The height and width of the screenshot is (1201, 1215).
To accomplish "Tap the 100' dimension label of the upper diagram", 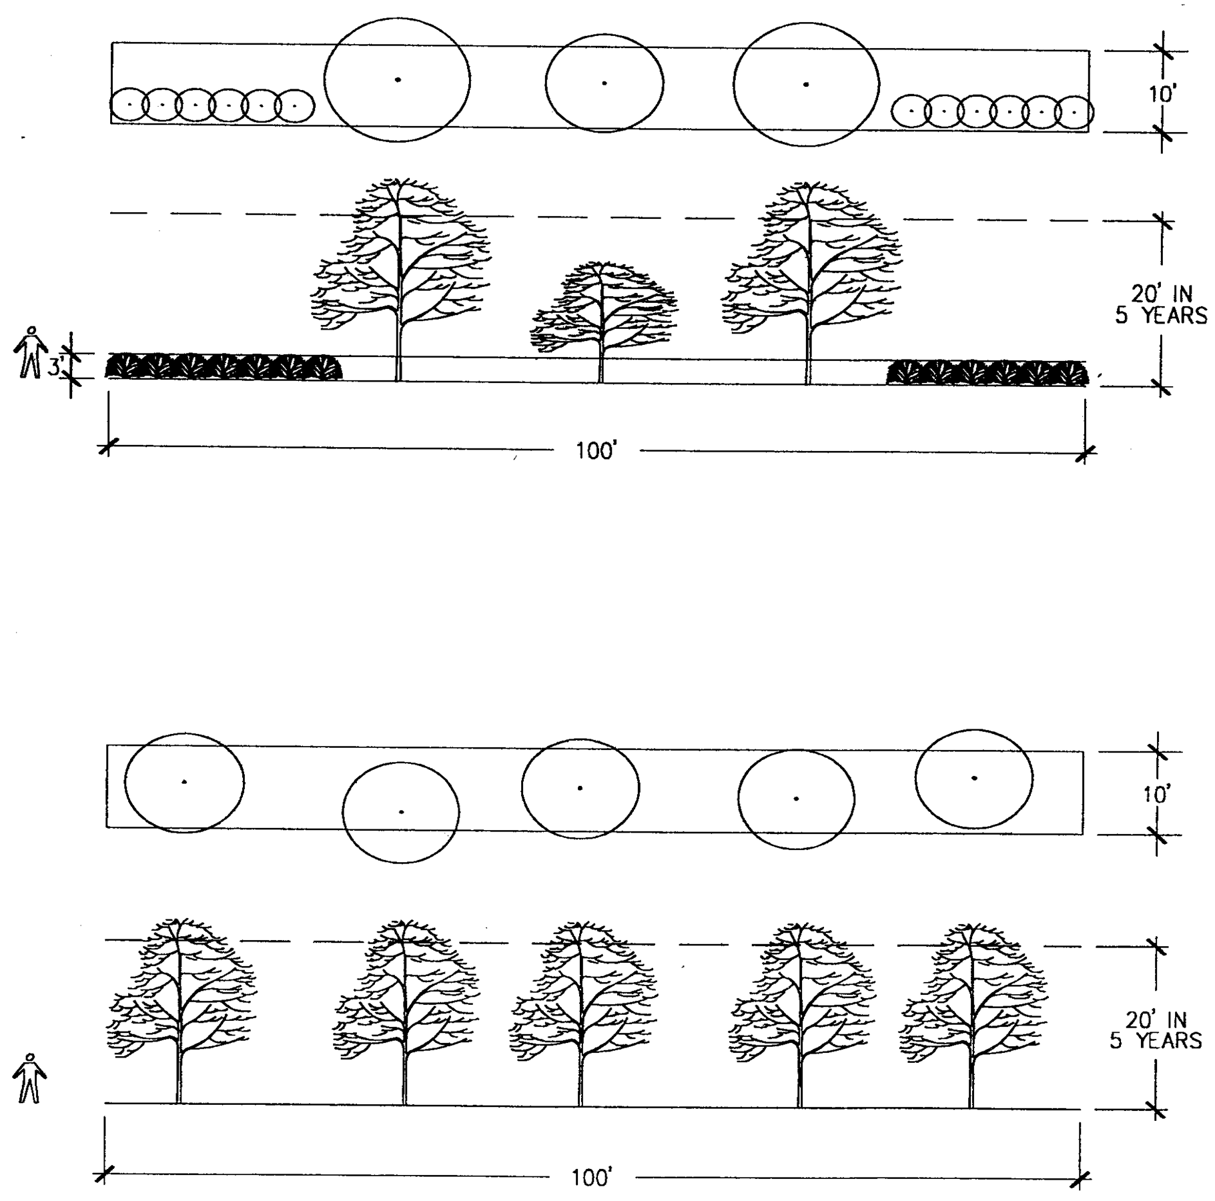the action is pos(595,452).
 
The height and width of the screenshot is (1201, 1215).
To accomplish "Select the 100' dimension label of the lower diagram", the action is pos(591,1178).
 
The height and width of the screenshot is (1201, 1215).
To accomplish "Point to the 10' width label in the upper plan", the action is pos(1162,94).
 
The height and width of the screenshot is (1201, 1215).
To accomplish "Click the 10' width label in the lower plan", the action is pos(1157,795).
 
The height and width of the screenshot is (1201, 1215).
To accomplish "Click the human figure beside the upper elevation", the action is pos(30,352).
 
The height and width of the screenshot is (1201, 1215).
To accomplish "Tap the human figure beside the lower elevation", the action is pos(29,1078).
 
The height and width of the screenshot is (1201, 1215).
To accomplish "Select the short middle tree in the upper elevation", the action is pos(602,314).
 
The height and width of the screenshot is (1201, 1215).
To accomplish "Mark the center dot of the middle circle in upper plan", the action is pos(604,83).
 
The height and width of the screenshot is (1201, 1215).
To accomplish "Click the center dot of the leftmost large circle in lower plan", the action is pos(185,781).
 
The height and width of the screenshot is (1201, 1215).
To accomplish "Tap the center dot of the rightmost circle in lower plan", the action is pos(975,778).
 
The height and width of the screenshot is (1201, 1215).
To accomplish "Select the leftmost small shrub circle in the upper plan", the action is pos(129,105).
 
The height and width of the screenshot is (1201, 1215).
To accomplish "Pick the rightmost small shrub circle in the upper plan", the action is pos(1074,113).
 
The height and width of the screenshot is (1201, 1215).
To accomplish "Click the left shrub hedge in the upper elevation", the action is pos(224,368).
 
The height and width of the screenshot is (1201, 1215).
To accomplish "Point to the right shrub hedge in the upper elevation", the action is pos(987,373).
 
